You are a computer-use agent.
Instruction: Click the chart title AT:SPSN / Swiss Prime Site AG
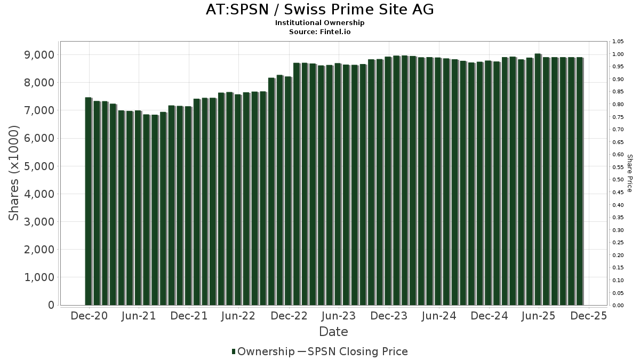coord(319,10)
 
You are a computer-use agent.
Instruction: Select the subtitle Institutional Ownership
coord(319,23)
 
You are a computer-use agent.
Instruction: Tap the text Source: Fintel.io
coord(319,31)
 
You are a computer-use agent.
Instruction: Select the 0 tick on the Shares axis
coord(51,305)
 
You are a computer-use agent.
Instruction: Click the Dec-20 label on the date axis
coord(89,316)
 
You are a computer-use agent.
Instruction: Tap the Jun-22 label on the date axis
coord(238,316)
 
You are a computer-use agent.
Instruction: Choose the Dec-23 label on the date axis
coord(389,316)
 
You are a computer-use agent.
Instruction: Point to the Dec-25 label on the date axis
coord(589,316)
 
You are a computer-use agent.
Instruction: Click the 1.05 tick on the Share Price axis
coord(618,42)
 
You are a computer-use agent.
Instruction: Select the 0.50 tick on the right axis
coord(618,180)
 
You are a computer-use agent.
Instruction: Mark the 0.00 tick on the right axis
coord(618,306)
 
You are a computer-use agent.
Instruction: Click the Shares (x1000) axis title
coord(14,173)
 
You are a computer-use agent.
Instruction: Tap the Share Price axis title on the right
coord(629,173)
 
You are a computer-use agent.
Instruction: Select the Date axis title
coord(333,332)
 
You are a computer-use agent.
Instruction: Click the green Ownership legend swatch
coord(234,351)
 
